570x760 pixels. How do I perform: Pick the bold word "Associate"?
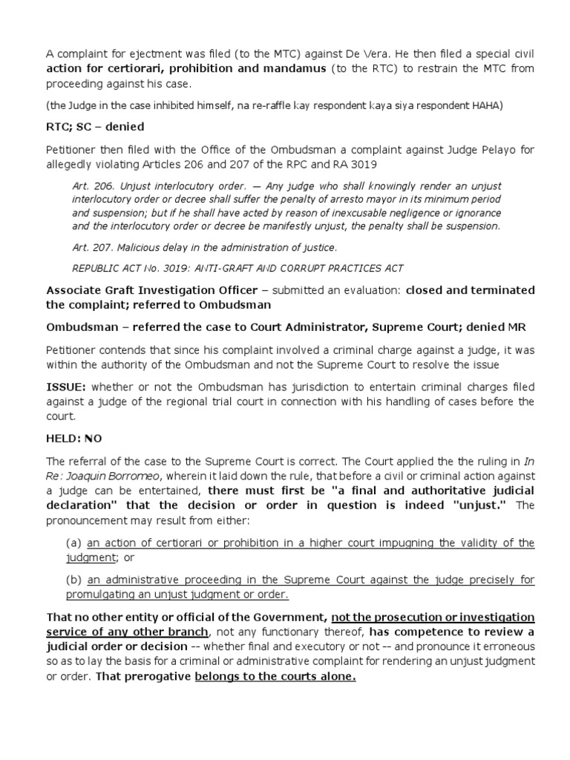(76, 290)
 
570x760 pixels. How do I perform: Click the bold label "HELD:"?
(63, 439)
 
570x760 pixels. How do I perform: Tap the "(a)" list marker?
(74, 543)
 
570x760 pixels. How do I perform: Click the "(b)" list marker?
(74, 580)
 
